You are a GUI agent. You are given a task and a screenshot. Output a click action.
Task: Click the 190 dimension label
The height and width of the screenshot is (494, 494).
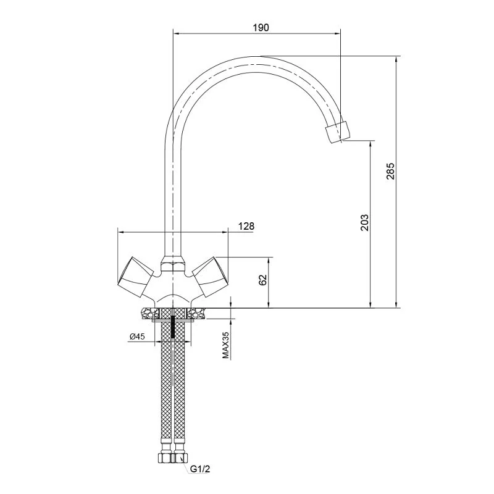coord(261,28)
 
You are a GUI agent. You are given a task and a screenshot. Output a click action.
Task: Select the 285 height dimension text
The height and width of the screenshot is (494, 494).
coord(390,171)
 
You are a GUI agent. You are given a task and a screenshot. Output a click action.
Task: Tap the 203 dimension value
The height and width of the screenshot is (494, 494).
coord(364,222)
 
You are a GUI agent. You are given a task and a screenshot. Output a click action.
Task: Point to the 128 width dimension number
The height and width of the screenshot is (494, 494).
coord(246,226)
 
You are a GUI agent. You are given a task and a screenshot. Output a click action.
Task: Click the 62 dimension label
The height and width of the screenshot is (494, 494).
coord(263,280)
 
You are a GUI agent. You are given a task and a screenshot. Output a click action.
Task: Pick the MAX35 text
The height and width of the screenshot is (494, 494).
coord(225,345)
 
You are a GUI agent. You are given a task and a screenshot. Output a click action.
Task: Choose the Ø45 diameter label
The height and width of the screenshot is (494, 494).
coord(137,337)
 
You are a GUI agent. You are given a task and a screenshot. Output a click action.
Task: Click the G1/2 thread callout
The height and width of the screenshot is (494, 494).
coord(199,469)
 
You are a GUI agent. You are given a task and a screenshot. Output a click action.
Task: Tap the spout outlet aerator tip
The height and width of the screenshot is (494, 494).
coord(338,132)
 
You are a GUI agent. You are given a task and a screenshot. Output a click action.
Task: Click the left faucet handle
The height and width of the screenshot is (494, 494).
coord(135,277)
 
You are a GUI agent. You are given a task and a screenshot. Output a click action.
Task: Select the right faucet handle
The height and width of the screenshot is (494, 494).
coord(210,277)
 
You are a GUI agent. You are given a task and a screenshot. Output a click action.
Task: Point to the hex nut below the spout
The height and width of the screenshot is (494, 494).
coord(173,264)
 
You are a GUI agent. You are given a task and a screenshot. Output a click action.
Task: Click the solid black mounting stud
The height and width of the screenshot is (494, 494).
coord(173,327)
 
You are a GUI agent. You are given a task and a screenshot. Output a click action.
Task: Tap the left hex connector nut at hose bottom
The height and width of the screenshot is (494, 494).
coord(165,458)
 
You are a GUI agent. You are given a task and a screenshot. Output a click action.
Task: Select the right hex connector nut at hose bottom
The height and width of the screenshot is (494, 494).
coord(180,458)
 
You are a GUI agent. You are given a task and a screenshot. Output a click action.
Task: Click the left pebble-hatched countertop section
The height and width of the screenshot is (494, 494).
coord(150,314)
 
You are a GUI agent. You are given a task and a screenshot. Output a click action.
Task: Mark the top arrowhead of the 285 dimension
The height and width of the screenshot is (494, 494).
coord(396,59)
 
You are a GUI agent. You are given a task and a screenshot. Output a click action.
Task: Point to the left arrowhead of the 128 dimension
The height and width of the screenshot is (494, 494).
coord(120,232)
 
